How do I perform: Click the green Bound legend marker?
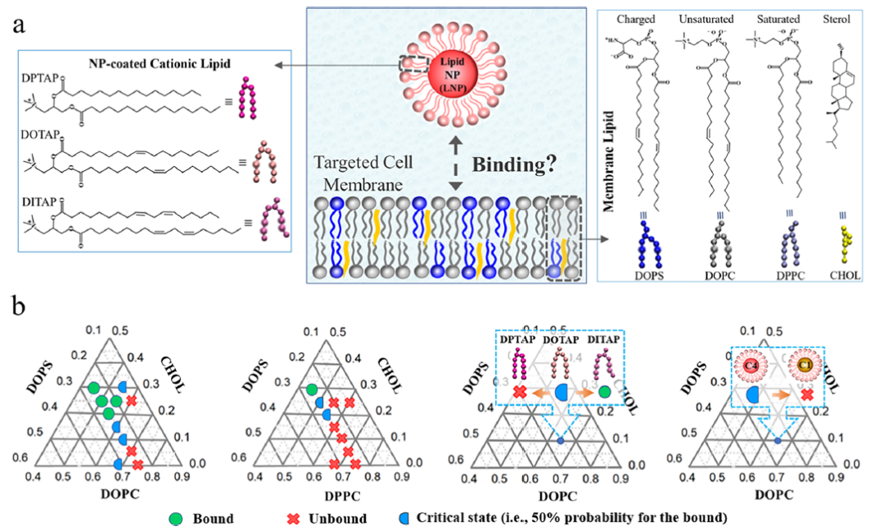(x=175, y=518)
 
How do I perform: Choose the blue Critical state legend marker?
(x=405, y=518)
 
